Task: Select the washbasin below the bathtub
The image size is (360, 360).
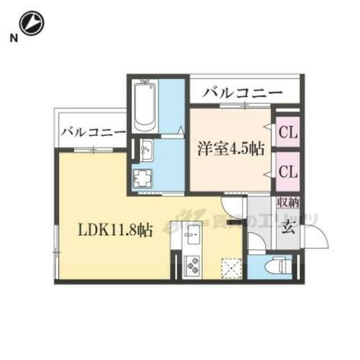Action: [x=147, y=151]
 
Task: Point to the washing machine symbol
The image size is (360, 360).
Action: [x=143, y=178]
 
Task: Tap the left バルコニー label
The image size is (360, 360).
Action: [x=93, y=132]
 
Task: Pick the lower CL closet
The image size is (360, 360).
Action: [x=288, y=171]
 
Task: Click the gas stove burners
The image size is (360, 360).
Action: [x=192, y=266]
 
